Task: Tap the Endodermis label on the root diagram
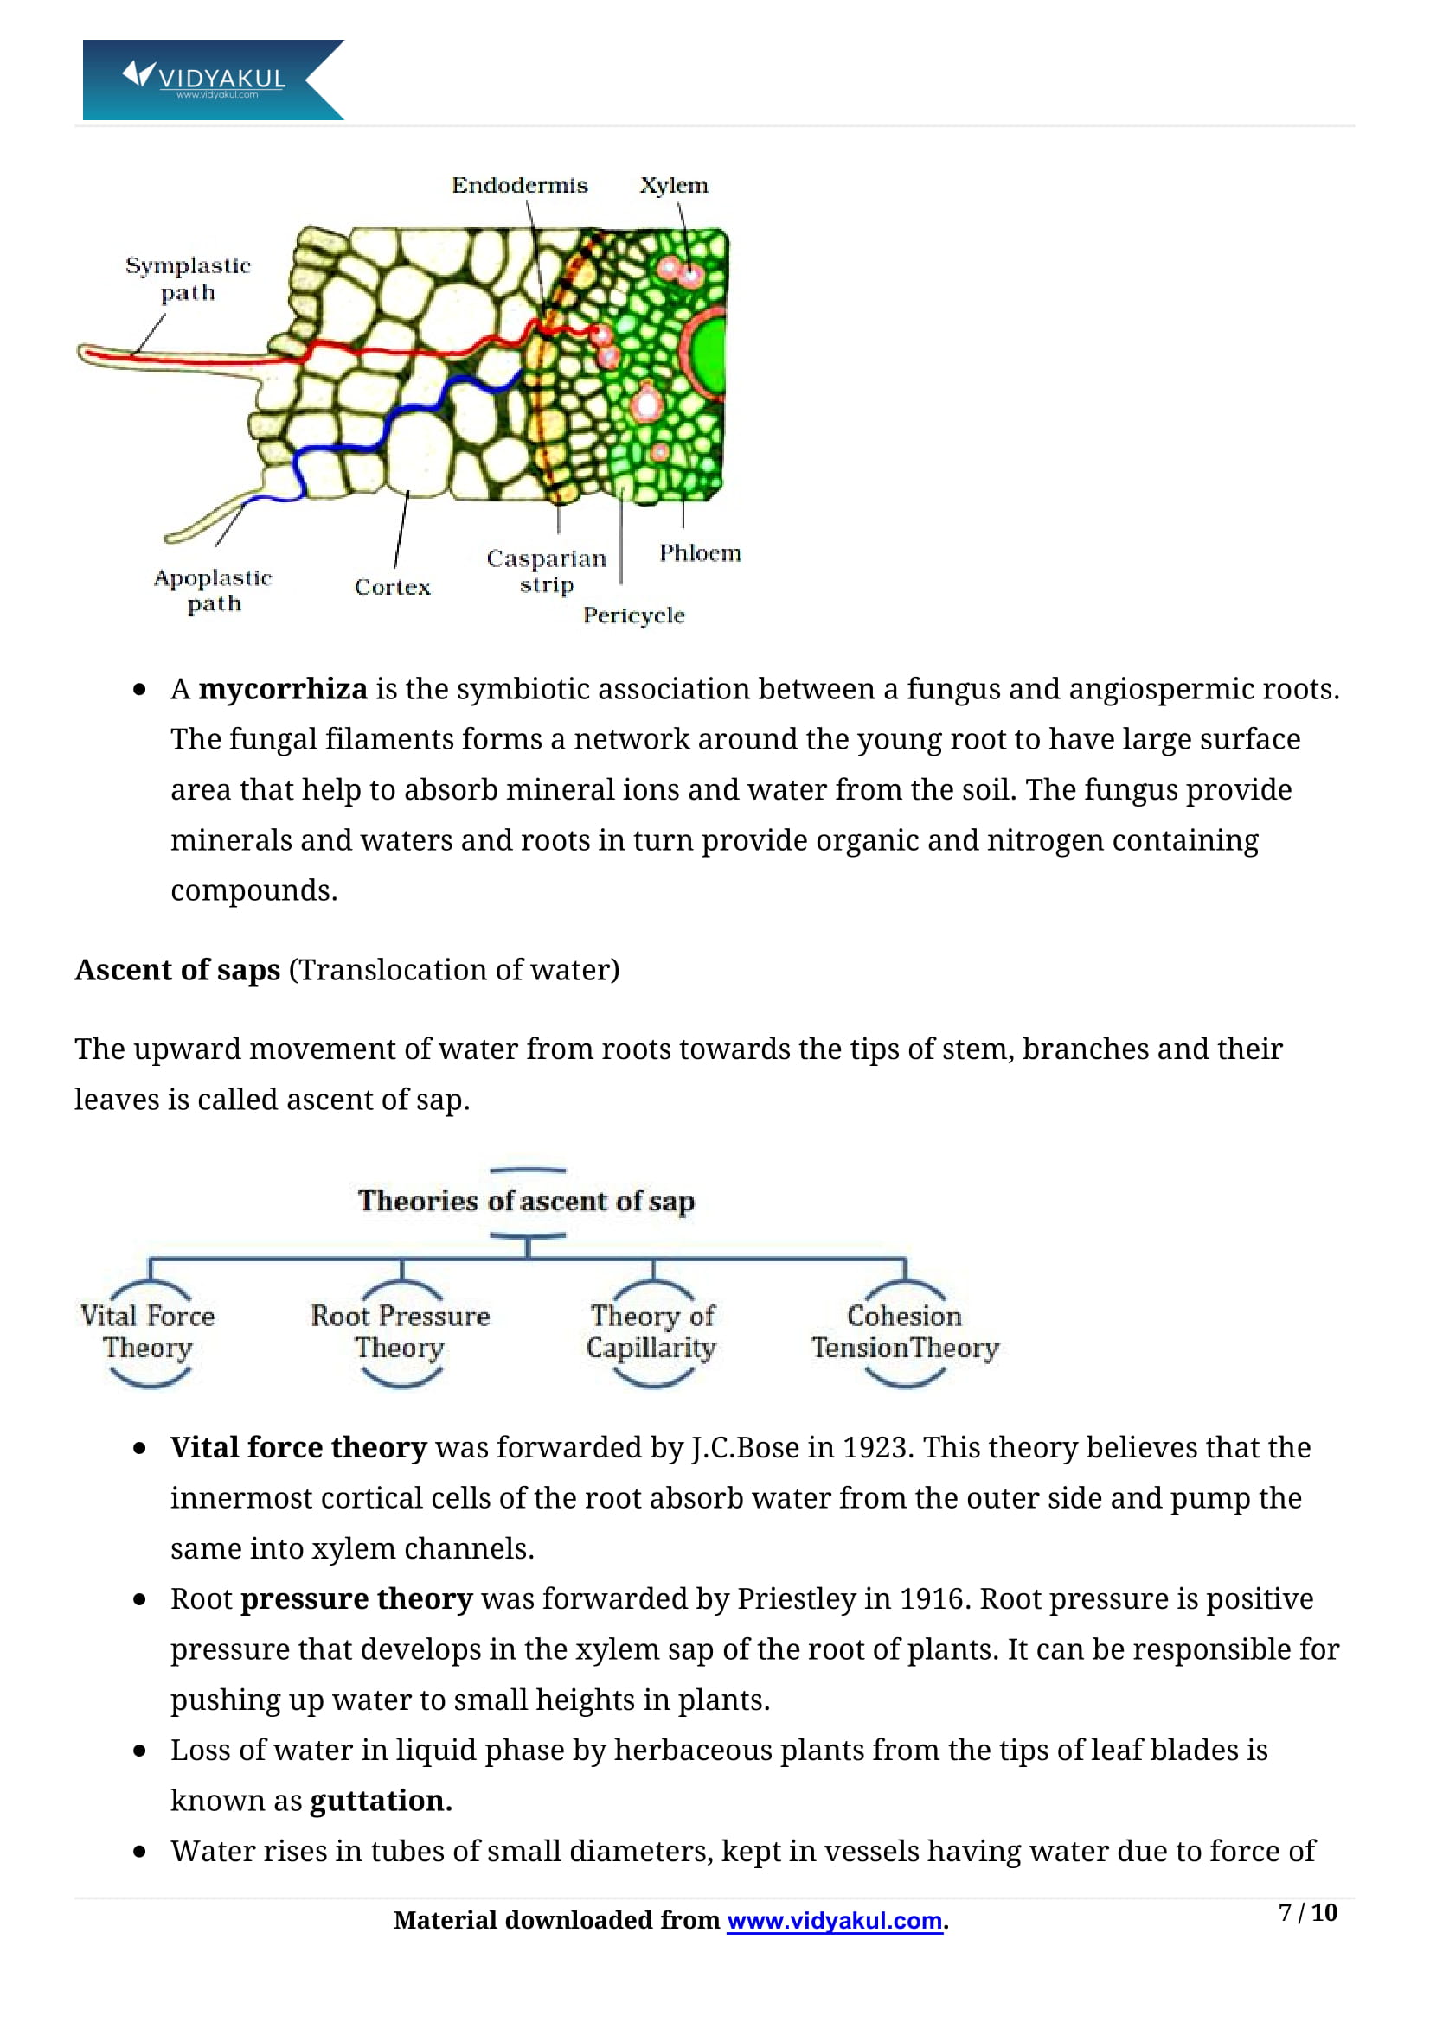(x=519, y=186)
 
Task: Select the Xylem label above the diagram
(x=673, y=186)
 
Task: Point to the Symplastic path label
(x=188, y=279)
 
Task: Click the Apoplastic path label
(x=212, y=590)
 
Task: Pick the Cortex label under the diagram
(x=392, y=587)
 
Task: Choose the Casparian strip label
(x=546, y=571)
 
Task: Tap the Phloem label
(x=701, y=553)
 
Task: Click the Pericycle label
(x=633, y=615)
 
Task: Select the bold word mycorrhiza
(x=282, y=689)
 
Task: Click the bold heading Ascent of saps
(x=177, y=970)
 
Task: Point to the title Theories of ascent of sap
(x=526, y=1201)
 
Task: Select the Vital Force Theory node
(x=148, y=1330)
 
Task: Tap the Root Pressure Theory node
(x=400, y=1330)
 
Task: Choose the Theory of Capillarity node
(x=652, y=1330)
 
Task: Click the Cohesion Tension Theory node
(x=905, y=1330)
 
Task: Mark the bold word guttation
(x=381, y=1800)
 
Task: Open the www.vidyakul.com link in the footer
(x=835, y=1920)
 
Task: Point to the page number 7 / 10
(x=1307, y=1912)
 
